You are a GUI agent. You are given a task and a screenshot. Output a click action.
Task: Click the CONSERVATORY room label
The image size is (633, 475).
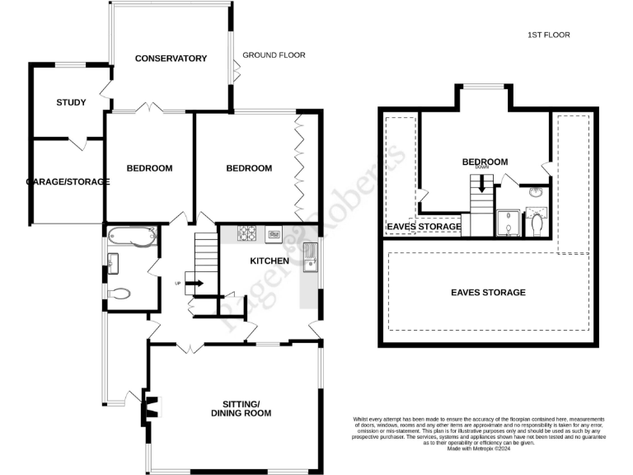click(171, 59)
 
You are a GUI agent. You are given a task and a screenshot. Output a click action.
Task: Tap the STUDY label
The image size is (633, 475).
click(71, 103)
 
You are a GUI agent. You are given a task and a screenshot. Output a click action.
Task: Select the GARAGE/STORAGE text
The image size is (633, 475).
click(68, 181)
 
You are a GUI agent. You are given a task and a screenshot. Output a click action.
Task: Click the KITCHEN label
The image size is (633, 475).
click(270, 261)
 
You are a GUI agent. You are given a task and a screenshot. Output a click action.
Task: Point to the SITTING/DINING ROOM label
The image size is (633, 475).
click(241, 408)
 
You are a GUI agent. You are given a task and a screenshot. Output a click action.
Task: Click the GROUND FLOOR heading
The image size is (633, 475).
click(274, 55)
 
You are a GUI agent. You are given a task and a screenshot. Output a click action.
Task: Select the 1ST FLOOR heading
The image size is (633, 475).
click(549, 35)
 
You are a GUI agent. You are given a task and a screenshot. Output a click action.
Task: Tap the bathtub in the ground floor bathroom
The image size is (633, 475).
click(132, 237)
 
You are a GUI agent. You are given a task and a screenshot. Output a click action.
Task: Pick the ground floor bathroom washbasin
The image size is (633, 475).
click(114, 263)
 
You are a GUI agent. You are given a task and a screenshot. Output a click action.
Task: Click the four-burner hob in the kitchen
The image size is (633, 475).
click(248, 233)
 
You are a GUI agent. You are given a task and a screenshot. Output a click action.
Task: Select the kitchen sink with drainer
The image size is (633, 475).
click(312, 256)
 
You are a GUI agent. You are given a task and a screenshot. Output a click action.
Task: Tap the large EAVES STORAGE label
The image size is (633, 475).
click(488, 293)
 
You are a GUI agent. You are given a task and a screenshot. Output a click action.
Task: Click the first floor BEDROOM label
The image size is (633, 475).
click(484, 162)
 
